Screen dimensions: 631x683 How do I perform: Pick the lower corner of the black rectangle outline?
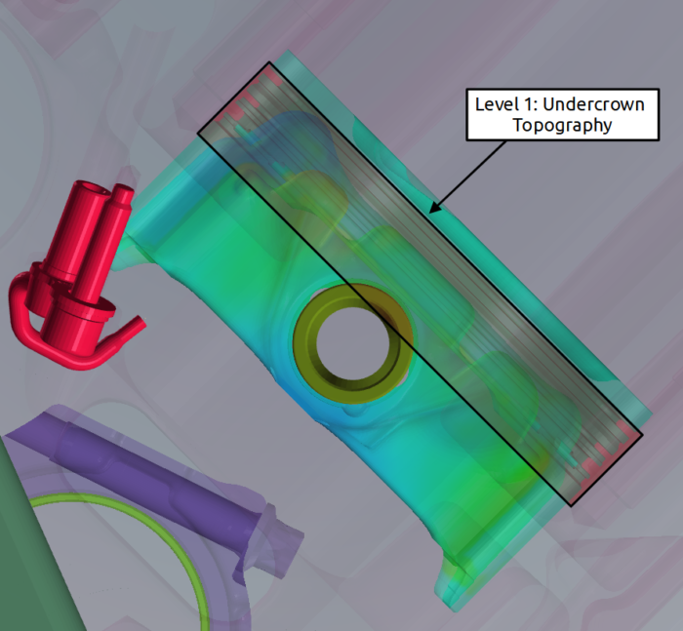tap(573, 505)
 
